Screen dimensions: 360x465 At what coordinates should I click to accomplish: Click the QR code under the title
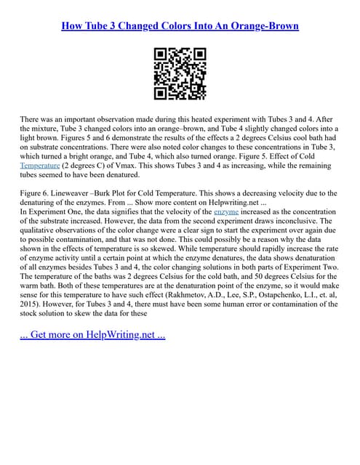[x=180, y=73]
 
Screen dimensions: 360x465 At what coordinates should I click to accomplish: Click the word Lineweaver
[x=80, y=193]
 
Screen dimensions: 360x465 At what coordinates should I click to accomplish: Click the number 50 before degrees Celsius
[x=244, y=276]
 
